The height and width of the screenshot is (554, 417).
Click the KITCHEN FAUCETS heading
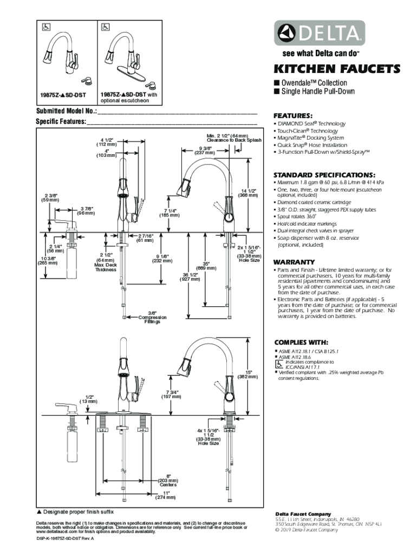[x=336, y=69]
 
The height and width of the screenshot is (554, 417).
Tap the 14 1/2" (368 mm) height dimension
[x=250, y=192]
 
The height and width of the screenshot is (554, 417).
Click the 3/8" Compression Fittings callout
[x=152, y=318]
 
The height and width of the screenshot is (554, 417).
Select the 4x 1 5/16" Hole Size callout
[x=208, y=436]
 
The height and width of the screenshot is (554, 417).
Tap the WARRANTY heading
[x=294, y=261]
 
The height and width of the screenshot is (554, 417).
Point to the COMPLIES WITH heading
[x=301, y=342]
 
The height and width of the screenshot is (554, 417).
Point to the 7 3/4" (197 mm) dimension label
[x=170, y=394]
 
